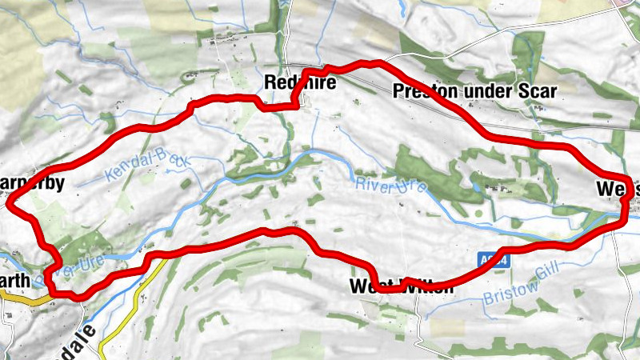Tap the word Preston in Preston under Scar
421,91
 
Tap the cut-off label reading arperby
31,182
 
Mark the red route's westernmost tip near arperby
10,204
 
